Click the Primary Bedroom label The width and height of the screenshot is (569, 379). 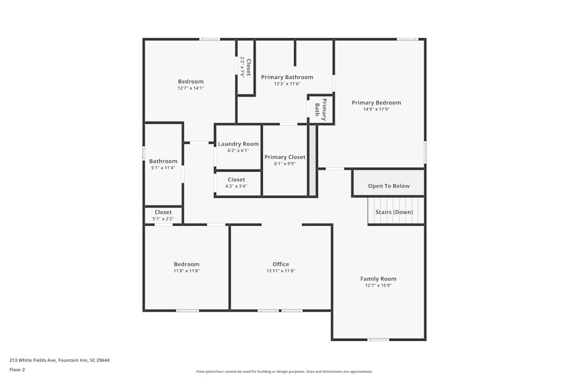[x=376, y=103]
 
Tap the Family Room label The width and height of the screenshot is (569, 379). [x=378, y=279]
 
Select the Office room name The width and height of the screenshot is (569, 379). [x=281, y=264]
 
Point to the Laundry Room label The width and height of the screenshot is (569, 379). [x=238, y=144]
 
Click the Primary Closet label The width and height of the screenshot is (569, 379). [x=284, y=157]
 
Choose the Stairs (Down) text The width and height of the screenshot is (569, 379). [x=394, y=213]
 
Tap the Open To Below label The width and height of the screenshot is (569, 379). [x=389, y=186]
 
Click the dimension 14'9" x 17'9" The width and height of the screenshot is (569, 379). [x=376, y=110]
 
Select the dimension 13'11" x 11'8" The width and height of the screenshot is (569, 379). [x=281, y=271]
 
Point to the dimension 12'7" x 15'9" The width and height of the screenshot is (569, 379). [x=378, y=285]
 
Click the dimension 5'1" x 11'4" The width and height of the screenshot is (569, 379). [x=163, y=168]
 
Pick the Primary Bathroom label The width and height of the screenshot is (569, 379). [x=287, y=77]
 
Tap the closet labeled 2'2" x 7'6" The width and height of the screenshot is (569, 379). [x=246, y=67]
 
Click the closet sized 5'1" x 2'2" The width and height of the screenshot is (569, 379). [x=163, y=215]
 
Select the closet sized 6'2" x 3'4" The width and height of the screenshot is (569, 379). [x=236, y=182]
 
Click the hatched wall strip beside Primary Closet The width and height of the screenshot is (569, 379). [x=312, y=161]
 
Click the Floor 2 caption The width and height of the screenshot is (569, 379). [x=17, y=369]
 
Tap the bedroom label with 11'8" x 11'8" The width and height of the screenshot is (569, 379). [x=187, y=264]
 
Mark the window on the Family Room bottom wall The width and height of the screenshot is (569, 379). [x=378, y=340]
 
